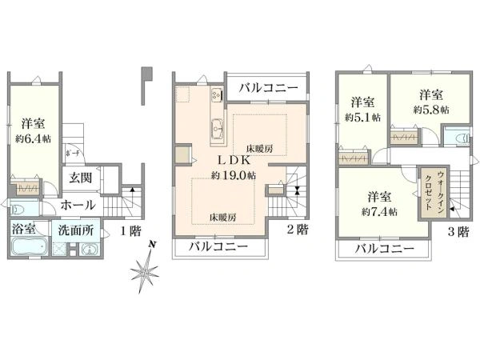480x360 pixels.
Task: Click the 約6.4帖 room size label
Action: coord(34,138)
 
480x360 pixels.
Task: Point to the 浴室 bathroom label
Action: coord(23,229)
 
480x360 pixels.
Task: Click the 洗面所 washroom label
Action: coord(76,230)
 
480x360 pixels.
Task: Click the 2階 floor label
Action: coord(298,230)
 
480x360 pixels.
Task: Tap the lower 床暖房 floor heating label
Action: coord(222,217)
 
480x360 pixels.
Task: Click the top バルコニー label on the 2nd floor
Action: coord(268,87)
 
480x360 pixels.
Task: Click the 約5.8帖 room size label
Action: coord(431,109)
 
